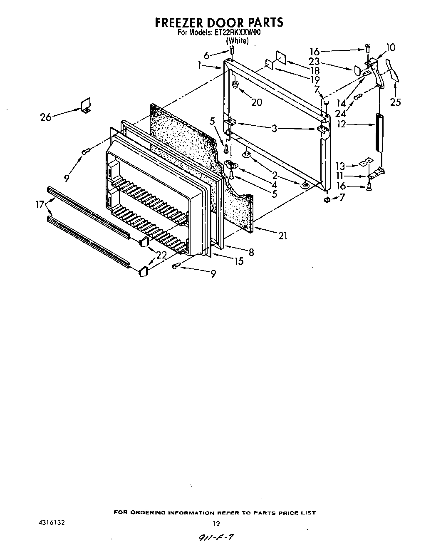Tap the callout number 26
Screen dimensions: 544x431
46,117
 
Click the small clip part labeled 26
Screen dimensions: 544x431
86,105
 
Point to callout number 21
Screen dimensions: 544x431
283,236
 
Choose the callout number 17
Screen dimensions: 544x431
40,204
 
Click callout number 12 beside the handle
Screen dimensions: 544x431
341,124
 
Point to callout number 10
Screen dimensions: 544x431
391,47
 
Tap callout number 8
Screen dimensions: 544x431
251,252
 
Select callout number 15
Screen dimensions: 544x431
239,261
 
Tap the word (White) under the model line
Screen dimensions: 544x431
237,41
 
